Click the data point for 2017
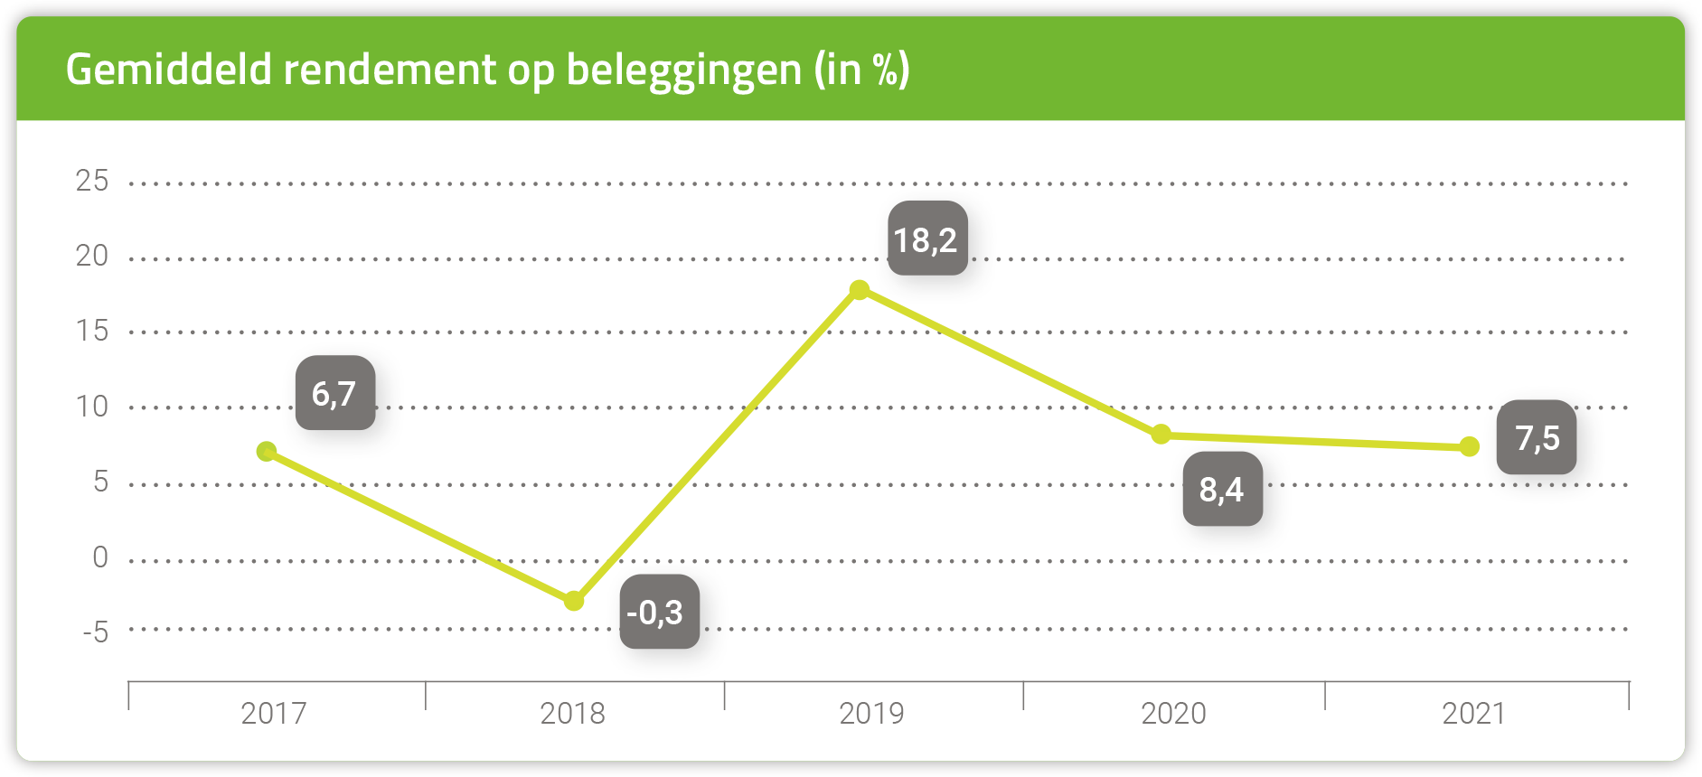tap(267, 451)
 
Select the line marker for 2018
tap(574, 601)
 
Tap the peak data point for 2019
tap(860, 290)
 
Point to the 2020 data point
tap(1161, 435)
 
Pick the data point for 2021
tap(1470, 446)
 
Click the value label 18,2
tap(926, 239)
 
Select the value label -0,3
tap(658, 613)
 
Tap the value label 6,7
tap(334, 394)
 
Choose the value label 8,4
tap(1222, 490)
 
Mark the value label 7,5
tap(1537, 438)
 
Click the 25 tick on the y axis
tap(92, 181)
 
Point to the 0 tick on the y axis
tap(100, 557)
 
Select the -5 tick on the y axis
tap(96, 632)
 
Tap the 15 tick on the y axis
tap(92, 331)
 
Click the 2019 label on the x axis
tap(871, 714)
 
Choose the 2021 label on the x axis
tap(1473, 714)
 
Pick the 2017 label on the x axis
tap(274, 714)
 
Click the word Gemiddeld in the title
tap(169, 70)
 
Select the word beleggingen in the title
tap(684, 70)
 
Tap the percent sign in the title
tap(885, 70)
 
